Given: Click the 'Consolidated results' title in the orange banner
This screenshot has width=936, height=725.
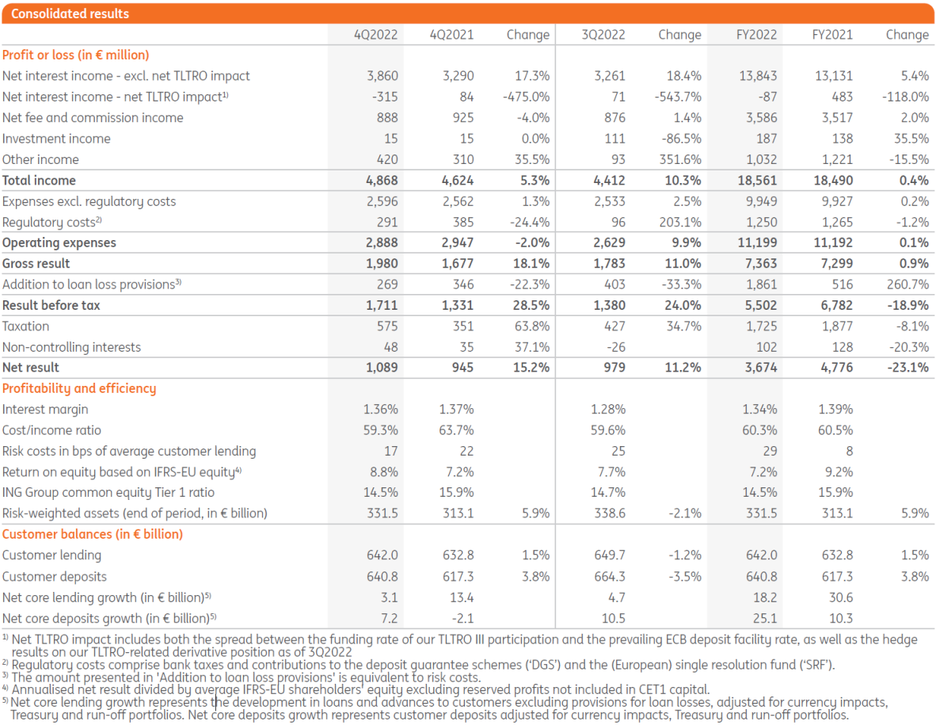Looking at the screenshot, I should tap(70, 13).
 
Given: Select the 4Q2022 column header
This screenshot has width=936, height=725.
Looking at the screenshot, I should tap(376, 35).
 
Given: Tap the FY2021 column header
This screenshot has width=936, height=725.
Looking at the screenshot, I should tap(832, 35).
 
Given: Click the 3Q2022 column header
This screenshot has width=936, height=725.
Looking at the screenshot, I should tap(603, 35).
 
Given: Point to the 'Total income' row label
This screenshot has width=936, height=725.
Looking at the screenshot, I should tap(39, 181).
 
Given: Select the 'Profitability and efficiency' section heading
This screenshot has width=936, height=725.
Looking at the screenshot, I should tap(79, 388).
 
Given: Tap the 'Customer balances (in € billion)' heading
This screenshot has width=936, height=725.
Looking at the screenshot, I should tap(93, 534).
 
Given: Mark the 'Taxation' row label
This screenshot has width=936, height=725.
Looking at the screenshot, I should tap(25, 326).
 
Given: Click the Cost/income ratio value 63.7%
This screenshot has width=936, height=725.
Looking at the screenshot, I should tap(456, 430).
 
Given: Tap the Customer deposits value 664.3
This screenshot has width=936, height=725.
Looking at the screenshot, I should tap(608, 577).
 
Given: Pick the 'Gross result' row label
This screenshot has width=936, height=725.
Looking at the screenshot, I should tap(36, 264).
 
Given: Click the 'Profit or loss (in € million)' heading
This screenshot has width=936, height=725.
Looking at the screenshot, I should tap(76, 55).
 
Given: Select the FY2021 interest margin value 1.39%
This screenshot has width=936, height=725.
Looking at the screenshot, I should tap(835, 410).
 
